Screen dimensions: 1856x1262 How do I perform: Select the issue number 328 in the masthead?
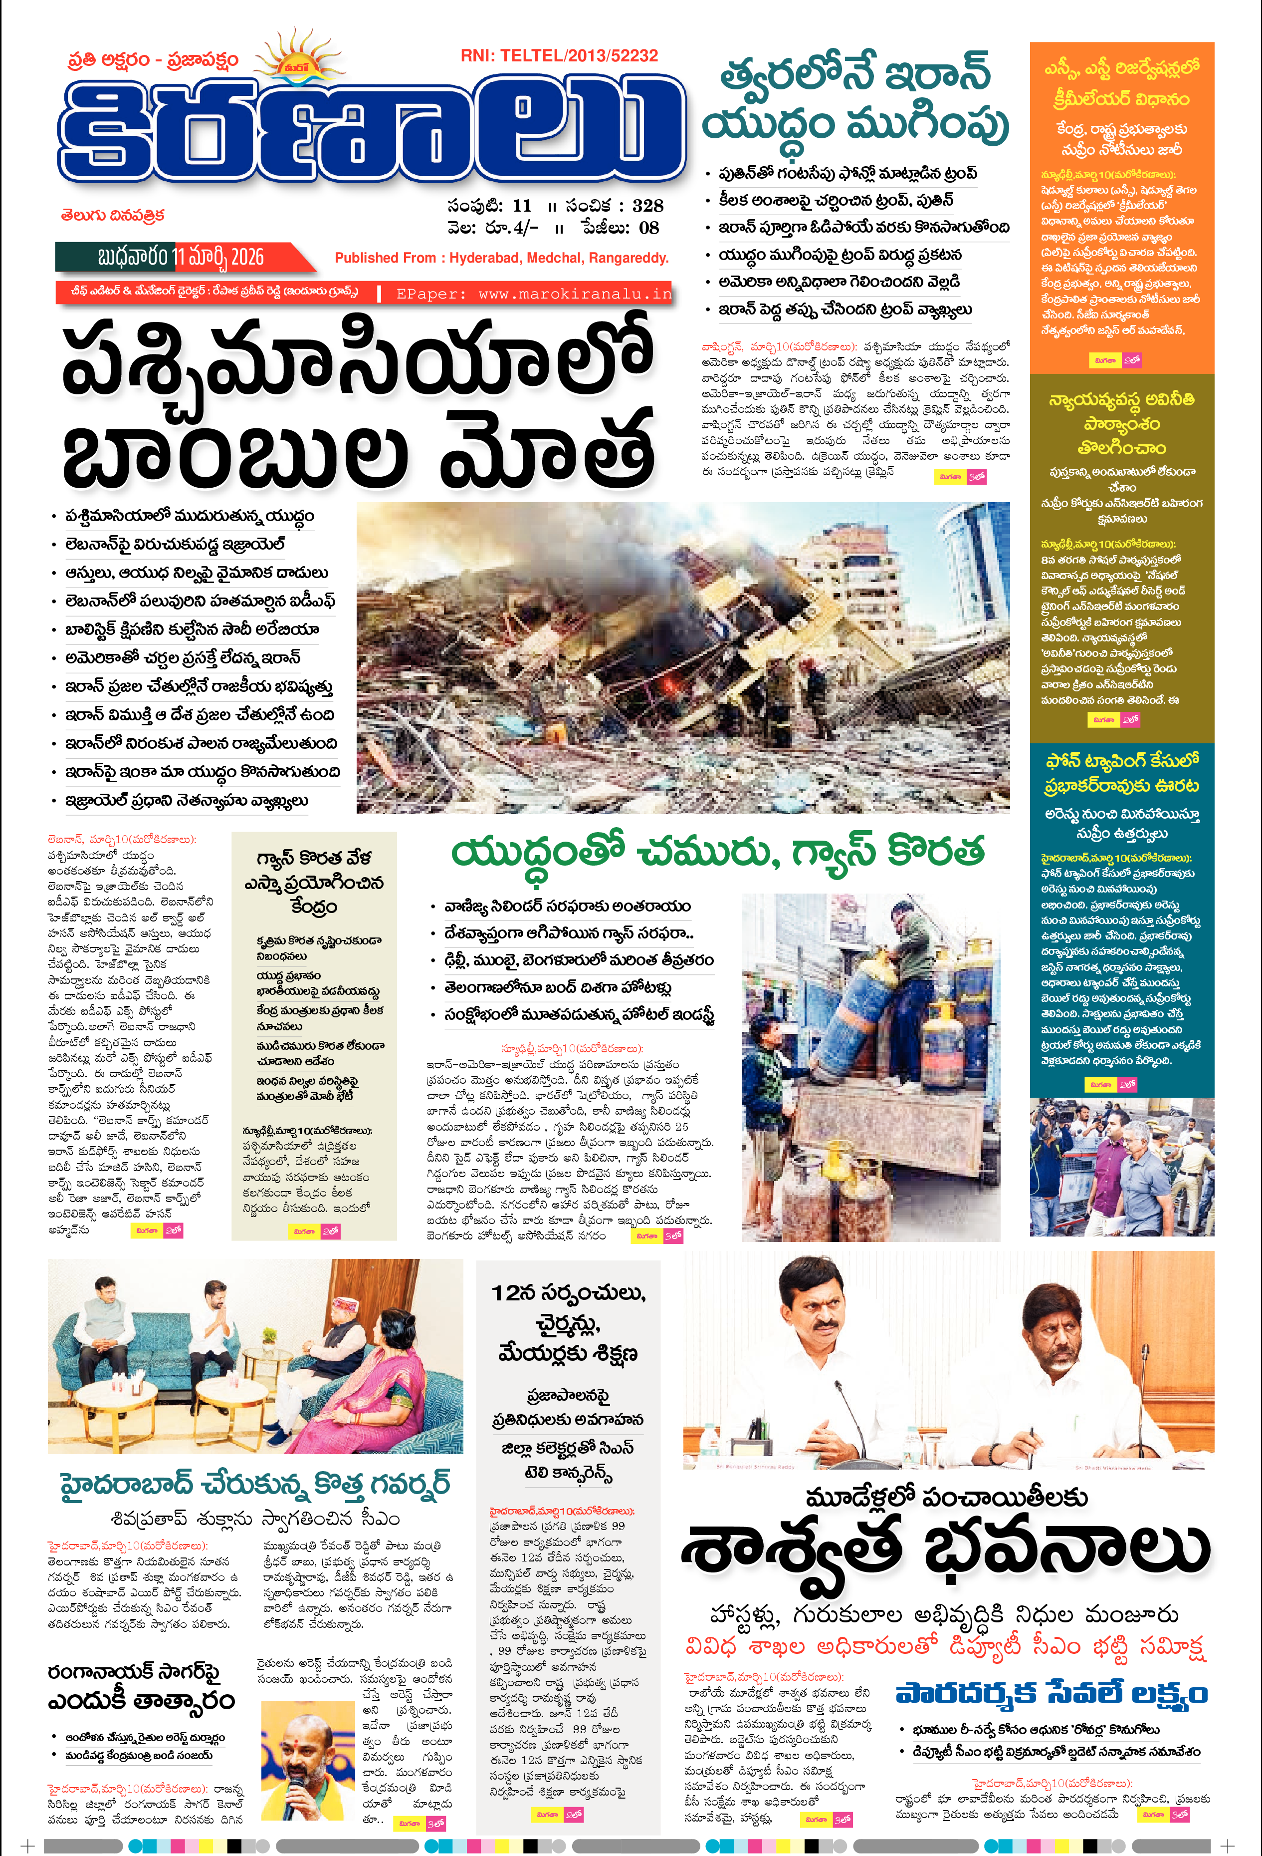(x=647, y=206)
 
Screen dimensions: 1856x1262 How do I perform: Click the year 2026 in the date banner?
(x=246, y=257)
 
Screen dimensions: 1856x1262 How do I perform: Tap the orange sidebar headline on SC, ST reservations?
(x=1121, y=84)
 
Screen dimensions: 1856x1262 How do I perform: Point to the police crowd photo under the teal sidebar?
(x=1121, y=1167)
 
